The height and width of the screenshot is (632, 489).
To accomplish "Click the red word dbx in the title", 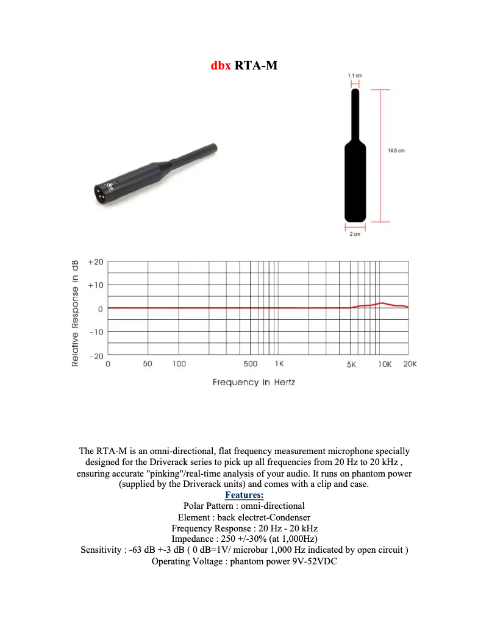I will (x=220, y=65).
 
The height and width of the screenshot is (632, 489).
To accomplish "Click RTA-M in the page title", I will (x=255, y=65).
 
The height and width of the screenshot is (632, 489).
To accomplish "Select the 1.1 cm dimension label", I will (x=355, y=74).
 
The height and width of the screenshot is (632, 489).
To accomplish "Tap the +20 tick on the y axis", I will (x=96, y=261).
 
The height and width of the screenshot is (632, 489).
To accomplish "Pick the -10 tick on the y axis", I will (x=96, y=332).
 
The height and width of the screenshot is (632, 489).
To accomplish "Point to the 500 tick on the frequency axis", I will (x=251, y=364).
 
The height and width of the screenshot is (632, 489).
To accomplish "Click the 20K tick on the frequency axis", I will (x=410, y=364).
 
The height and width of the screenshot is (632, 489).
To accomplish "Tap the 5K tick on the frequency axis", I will (x=351, y=364).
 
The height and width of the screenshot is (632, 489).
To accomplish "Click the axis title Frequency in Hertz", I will (x=254, y=383).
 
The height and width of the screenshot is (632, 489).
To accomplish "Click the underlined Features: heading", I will (x=244, y=495).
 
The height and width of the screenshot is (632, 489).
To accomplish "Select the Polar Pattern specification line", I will (x=244, y=506).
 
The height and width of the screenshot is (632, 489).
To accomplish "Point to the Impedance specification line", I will (x=244, y=539).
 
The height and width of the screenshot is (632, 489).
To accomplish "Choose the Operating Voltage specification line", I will (x=244, y=561).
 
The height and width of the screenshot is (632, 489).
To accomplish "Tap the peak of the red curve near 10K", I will (x=382, y=303).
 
